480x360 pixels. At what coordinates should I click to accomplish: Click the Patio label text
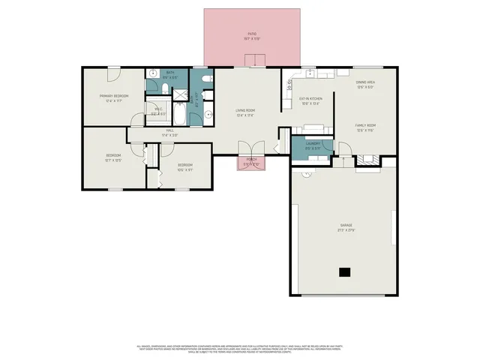click(x=252, y=35)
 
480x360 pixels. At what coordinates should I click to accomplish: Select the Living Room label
click(x=245, y=112)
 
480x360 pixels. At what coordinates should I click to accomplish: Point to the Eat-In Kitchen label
click(x=310, y=100)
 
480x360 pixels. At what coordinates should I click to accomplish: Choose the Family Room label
click(x=365, y=126)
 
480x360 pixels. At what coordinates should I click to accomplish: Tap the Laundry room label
click(x=313, y=145)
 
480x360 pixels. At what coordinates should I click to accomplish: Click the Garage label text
click(x=346, y=226)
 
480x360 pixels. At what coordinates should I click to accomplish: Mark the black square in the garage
click(x=344, y=271)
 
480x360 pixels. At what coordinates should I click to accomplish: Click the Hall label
click(x=170, y=132)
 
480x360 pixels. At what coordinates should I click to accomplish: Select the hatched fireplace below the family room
click(x=366, y=160)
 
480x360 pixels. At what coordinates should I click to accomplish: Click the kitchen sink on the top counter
click(x=311, y=73)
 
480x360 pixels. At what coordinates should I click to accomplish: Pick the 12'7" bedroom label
click(x=112, y=157)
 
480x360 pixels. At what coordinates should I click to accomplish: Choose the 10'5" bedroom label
click(x=184, y=166)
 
